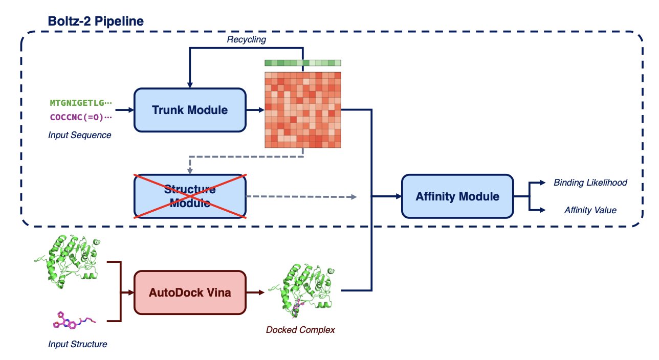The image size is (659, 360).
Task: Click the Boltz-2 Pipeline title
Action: (96, 21)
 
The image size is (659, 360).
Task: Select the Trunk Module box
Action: (190, 109)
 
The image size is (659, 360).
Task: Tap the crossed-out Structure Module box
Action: (190, 196)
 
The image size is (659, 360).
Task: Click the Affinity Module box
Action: (457, 196)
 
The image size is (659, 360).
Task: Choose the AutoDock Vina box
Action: (190, 292)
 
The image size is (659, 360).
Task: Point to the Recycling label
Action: (247, 39)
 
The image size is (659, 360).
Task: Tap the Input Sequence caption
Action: (80, 135)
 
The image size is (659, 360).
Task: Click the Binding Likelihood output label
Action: (590, 183)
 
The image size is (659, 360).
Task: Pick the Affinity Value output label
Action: (590, 210)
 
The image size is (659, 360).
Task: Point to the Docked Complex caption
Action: (300, 330)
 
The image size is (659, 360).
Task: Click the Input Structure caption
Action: (78, 344)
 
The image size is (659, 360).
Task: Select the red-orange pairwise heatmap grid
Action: (303, 110)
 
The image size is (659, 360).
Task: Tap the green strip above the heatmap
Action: (303, 63)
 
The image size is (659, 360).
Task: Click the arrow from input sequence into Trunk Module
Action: (123, 109)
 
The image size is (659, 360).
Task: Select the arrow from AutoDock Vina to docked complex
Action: (255, 292)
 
